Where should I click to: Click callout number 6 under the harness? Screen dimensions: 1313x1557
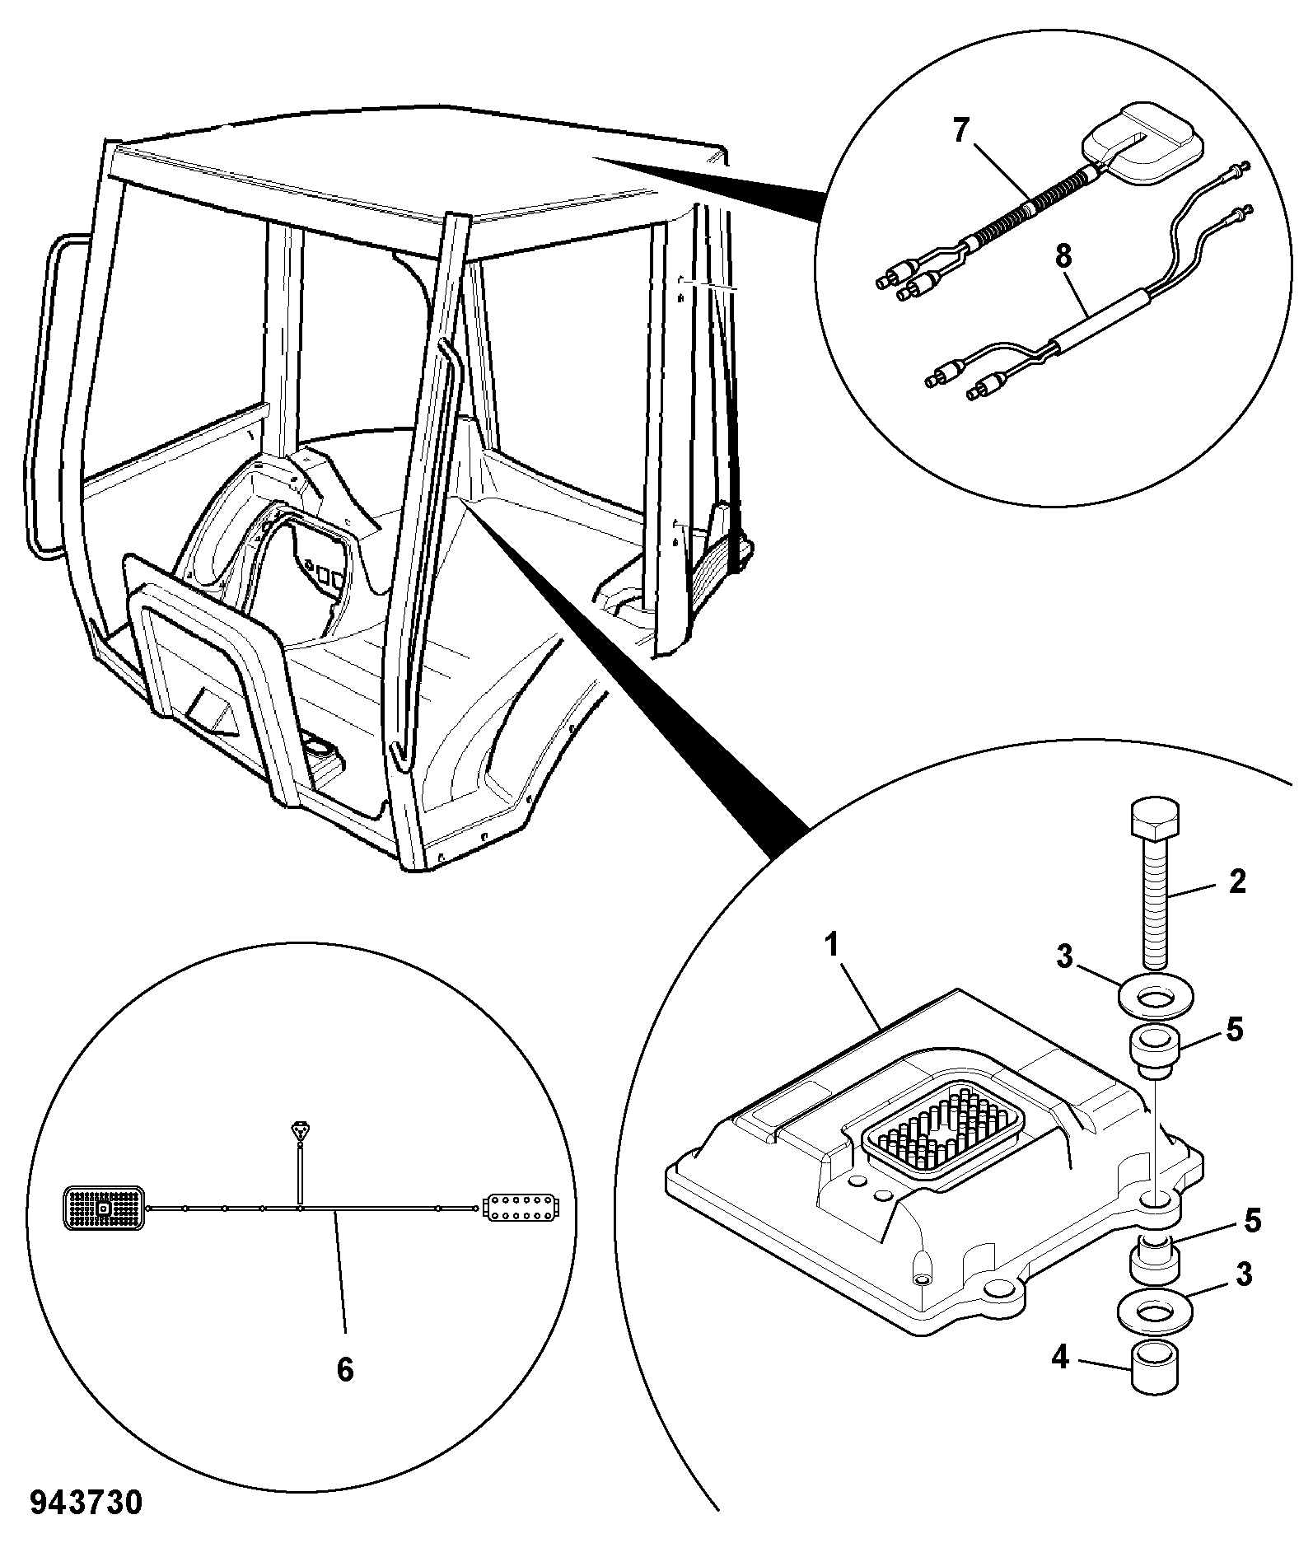click(345, 1369)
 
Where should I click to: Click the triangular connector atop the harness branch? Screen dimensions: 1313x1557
click(301, 1131)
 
